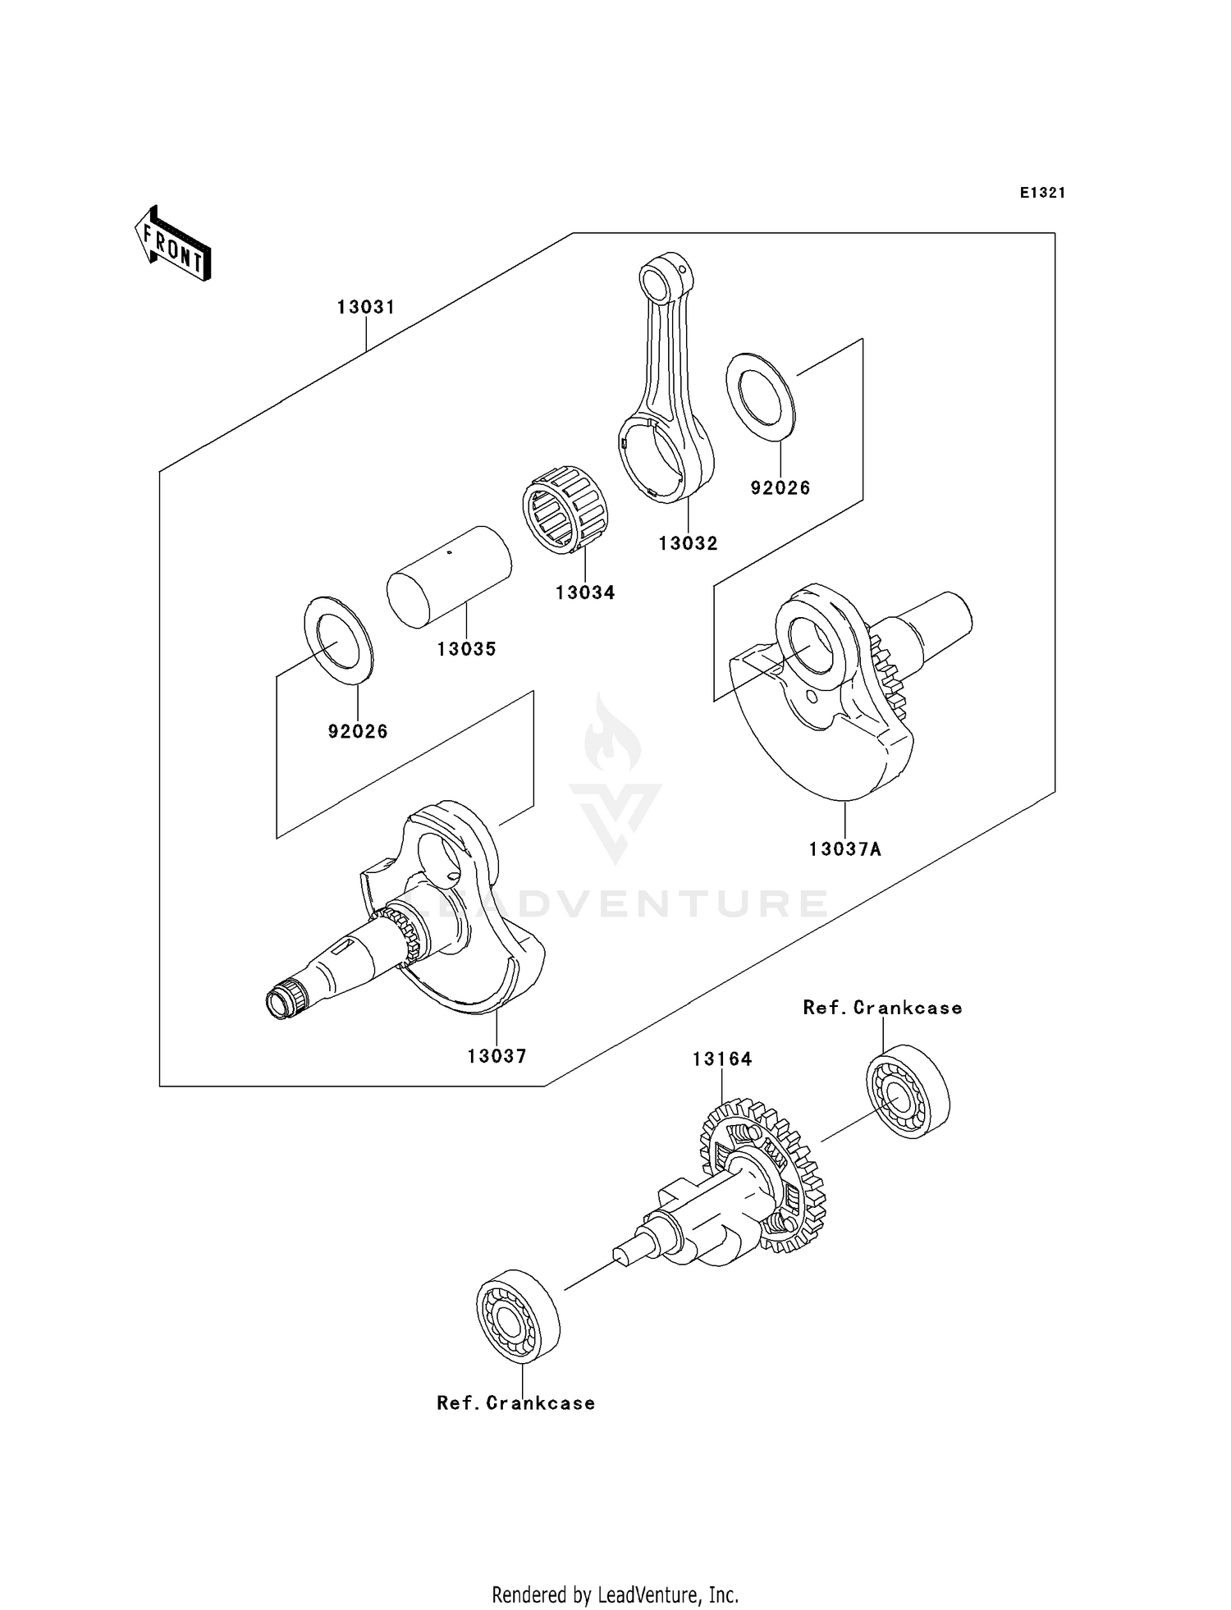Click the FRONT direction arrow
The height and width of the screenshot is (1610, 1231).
[x=173, y=245]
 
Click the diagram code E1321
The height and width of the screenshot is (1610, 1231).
[x=1042, y=193]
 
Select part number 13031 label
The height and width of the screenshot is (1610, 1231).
[x=366, y=307]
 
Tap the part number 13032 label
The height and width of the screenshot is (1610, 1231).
[x=688, y=543]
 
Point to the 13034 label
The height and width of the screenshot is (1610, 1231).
[x=584, y=592]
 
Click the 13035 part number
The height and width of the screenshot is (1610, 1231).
[x=466, y=649]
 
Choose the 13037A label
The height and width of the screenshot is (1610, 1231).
[x=844, y=849]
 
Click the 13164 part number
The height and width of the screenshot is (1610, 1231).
[x=722, y=1059]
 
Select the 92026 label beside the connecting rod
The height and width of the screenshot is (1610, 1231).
[x=780, y=488]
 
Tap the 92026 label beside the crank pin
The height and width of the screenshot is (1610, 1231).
[x=358, y=731]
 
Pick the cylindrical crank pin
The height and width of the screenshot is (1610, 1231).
[x=449, y=576]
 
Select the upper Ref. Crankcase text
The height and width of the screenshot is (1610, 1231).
[x=882, y=1008]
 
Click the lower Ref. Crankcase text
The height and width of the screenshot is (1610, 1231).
[x=515, y=1403]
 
